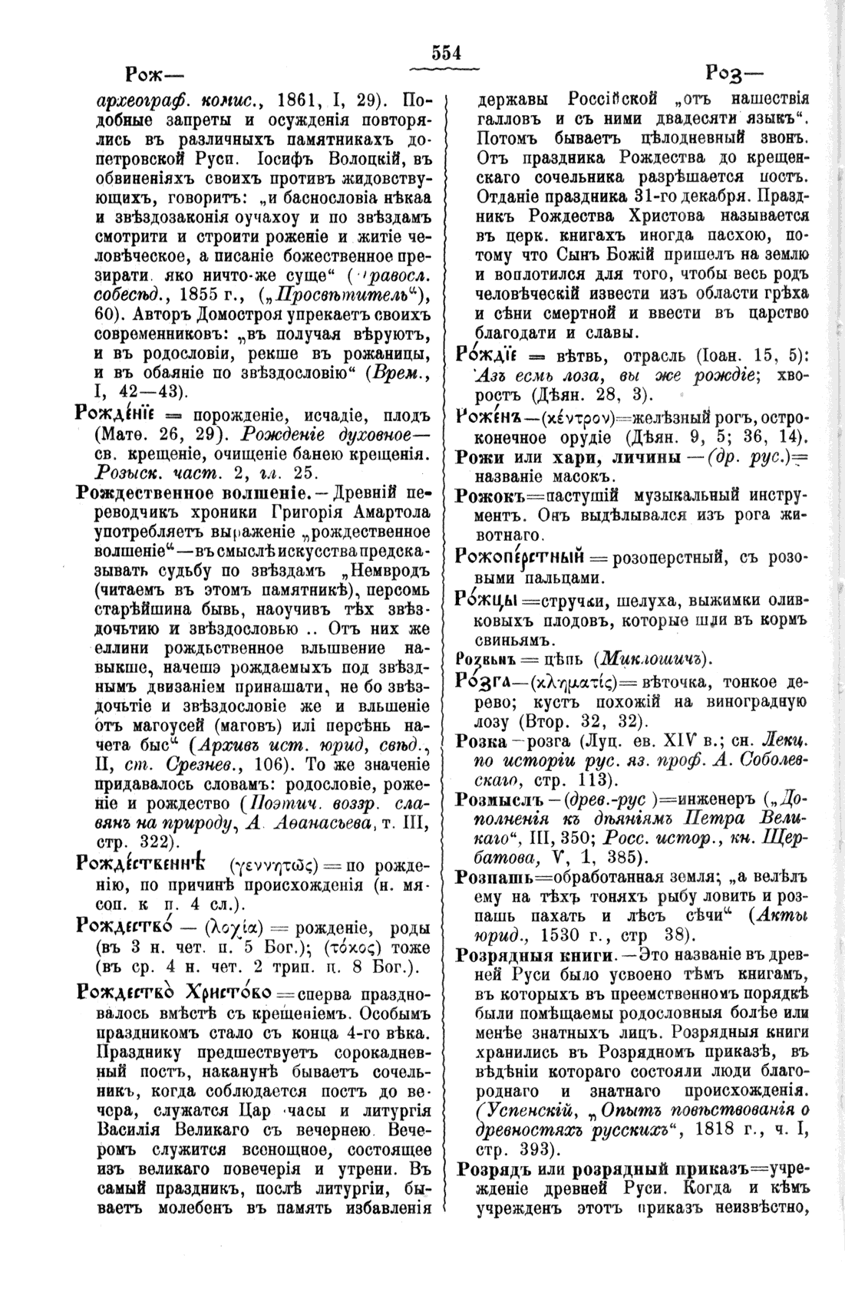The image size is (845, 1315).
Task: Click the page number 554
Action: tap(445, 52)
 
